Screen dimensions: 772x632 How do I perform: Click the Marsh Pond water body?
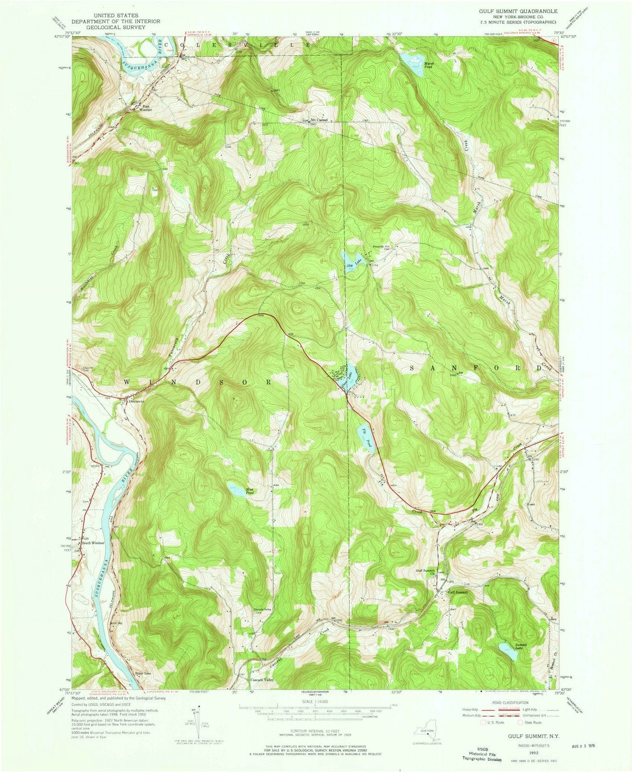point(409,60)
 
